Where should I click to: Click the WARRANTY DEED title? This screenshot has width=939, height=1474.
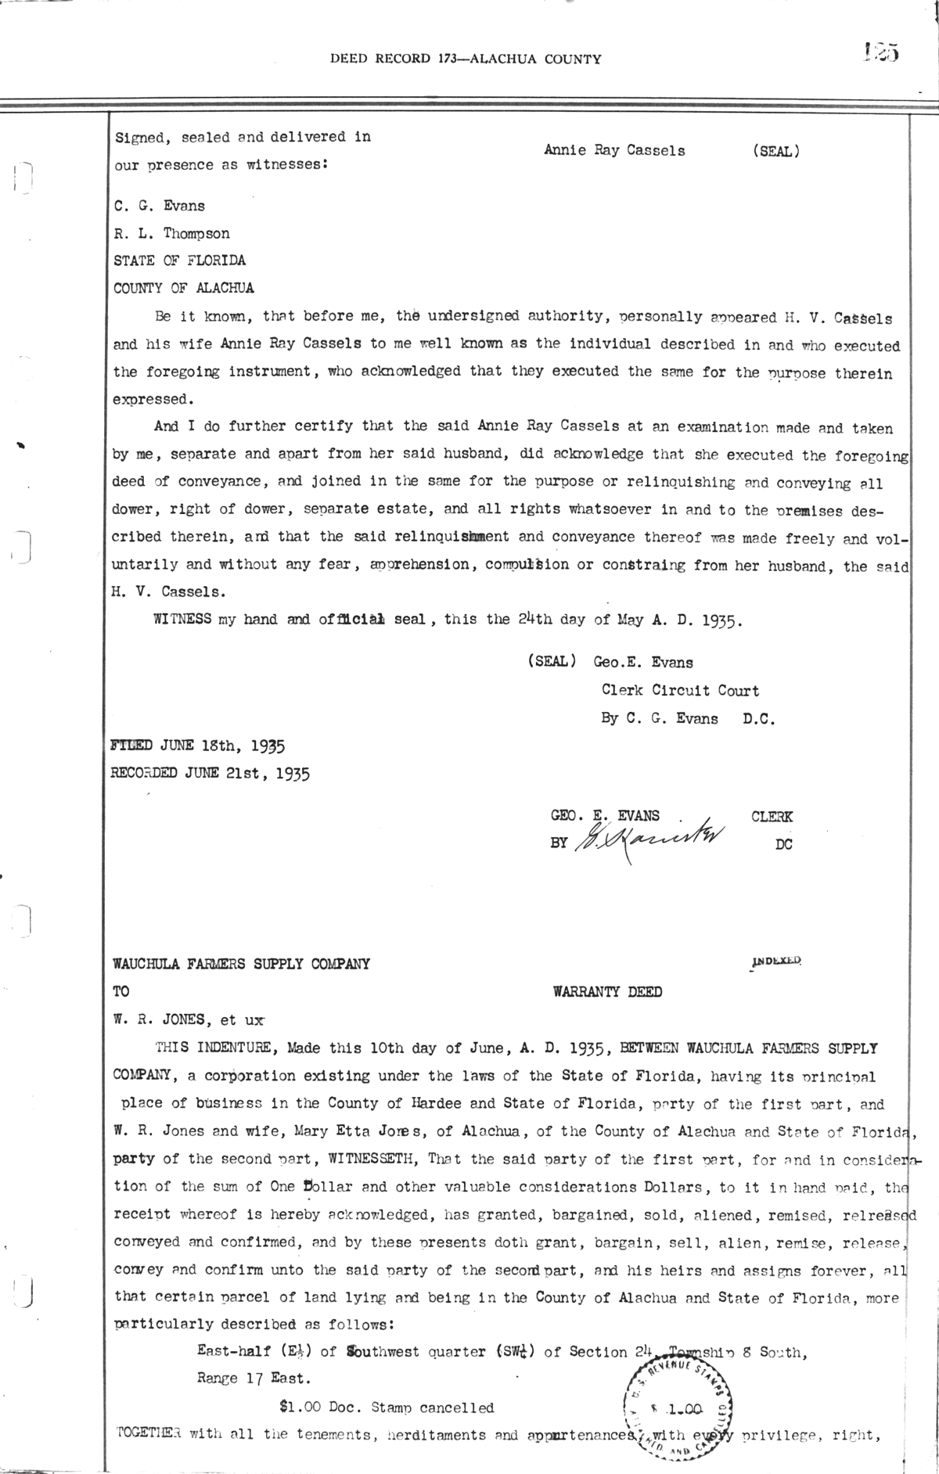tap(607, 992)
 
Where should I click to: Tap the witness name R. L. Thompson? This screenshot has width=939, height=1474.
tap(172, 233)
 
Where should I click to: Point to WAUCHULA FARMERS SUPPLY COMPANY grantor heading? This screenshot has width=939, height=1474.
tap(242, 964)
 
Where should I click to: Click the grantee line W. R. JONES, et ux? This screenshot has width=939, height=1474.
tap(189, 1020)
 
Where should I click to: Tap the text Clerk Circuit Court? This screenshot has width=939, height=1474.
tap(680, 690)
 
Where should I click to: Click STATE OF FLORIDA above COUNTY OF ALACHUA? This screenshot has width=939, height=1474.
tap(179, 260)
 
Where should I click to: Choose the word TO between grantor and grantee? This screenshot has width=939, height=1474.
tap(122, 991)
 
